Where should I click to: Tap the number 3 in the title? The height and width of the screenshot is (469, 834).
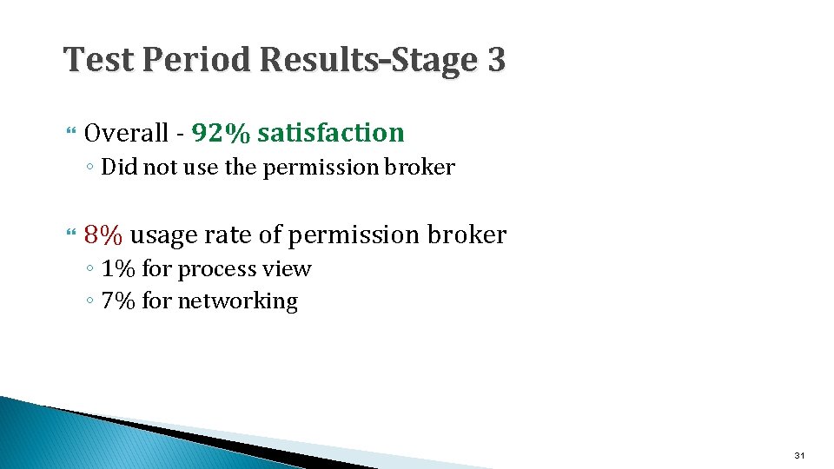(495, 60)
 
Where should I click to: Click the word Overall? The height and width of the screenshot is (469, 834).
(127, 133)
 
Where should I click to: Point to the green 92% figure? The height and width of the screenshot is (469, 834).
(222, 133)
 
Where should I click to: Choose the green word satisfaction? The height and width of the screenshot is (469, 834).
(331, 133)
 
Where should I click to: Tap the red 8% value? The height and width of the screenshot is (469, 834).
(103, 234)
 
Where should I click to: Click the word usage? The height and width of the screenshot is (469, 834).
(163, 234)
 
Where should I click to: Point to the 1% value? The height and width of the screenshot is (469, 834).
(119, 269)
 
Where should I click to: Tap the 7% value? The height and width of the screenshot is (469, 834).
(119, 301)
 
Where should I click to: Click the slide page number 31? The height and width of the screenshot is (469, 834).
(799, 455)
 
